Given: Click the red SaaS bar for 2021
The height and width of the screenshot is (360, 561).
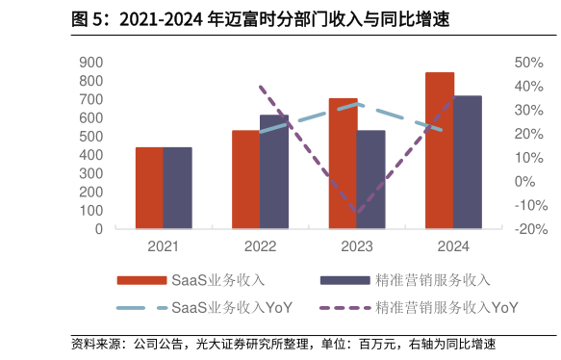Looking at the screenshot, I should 149,188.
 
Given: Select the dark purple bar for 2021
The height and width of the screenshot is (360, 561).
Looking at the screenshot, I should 177,188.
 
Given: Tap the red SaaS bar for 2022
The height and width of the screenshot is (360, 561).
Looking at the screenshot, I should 245,179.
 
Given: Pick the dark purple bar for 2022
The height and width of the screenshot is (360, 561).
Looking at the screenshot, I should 274,171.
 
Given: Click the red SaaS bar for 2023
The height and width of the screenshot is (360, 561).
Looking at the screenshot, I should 343,164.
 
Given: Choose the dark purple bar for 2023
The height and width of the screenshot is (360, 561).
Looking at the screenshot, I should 370,179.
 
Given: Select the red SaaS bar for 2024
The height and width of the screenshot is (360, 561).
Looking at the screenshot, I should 440,150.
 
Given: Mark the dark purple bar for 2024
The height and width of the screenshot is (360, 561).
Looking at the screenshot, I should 468,162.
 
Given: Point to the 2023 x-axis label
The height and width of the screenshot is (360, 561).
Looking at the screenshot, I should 356,246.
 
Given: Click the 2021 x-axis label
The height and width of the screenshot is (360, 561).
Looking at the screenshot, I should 163,246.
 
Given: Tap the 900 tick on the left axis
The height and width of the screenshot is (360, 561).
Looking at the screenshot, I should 91,63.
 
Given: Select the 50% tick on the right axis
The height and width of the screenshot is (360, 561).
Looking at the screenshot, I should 530,63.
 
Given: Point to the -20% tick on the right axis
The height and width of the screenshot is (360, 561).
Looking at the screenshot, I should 530,229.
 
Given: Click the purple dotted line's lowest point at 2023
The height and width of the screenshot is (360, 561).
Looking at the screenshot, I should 357,213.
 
